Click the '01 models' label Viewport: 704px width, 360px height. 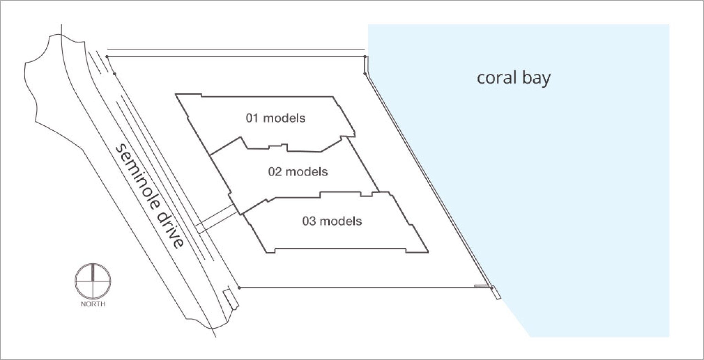tap(275, 118)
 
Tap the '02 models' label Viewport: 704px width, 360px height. tap(298, 171)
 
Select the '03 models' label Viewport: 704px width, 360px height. tap(332, 221)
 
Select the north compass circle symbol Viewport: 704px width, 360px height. tap(93, 281)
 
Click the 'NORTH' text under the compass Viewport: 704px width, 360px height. tap(93, 304)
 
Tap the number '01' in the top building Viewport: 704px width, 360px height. tap(252, 118)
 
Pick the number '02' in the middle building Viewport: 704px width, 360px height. tap(274, 171)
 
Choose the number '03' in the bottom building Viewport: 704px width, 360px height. tap(309, 221)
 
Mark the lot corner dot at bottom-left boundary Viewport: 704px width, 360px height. tap(239, 288)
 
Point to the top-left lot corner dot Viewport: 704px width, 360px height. tap(107, 56)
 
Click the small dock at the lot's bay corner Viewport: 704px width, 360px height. tap(496, 292)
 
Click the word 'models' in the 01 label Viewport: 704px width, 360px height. tap(284, 118)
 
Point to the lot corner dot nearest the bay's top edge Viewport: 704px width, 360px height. tap(364, 73)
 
